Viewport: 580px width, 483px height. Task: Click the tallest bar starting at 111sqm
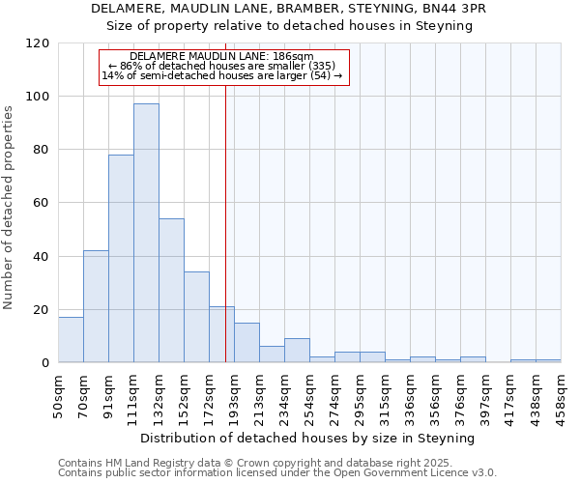[x=146, y=233]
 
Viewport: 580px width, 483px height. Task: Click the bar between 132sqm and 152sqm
[x=171, y=291]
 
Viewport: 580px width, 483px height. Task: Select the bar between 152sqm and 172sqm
[x=196, y=317]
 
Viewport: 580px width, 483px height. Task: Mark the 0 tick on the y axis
[x=44, y=363]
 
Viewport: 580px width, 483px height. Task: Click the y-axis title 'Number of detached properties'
[x=9, y=208]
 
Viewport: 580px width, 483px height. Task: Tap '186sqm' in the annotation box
[x=293, y=57]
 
